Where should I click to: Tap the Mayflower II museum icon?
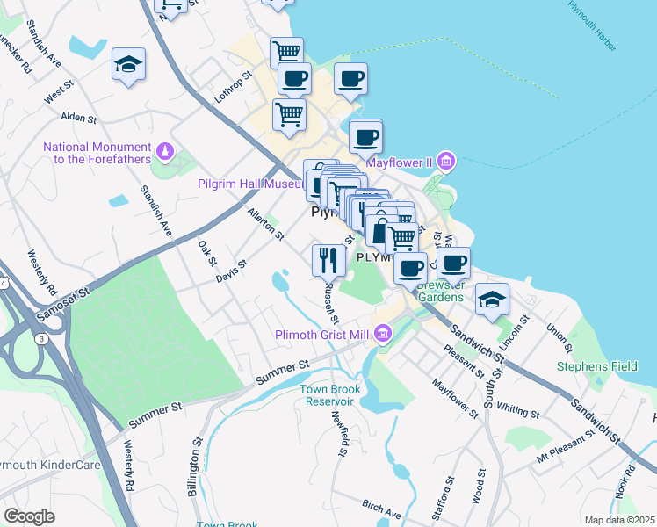[x=446, y=162]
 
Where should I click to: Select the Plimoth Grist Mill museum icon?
[x=383, y=334]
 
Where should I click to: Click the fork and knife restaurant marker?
[x=328, y=259]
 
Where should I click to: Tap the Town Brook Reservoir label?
[x=327, y=394]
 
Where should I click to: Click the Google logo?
[x=29, y=516]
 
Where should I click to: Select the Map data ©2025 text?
[x=618, y=519]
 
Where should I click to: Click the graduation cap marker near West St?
[x=129, y=64]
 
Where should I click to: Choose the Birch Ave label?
[x=381, y=508]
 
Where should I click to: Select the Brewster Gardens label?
[x=440, y=291]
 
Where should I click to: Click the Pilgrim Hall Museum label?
[x=252, y=184]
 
